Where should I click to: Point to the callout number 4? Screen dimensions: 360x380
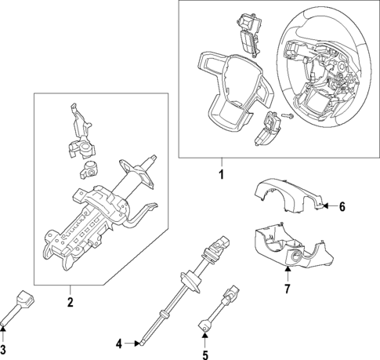coord(119,343)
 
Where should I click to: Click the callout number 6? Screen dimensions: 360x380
coord(342,207)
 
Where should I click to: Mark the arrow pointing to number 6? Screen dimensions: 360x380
coord(328,207)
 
